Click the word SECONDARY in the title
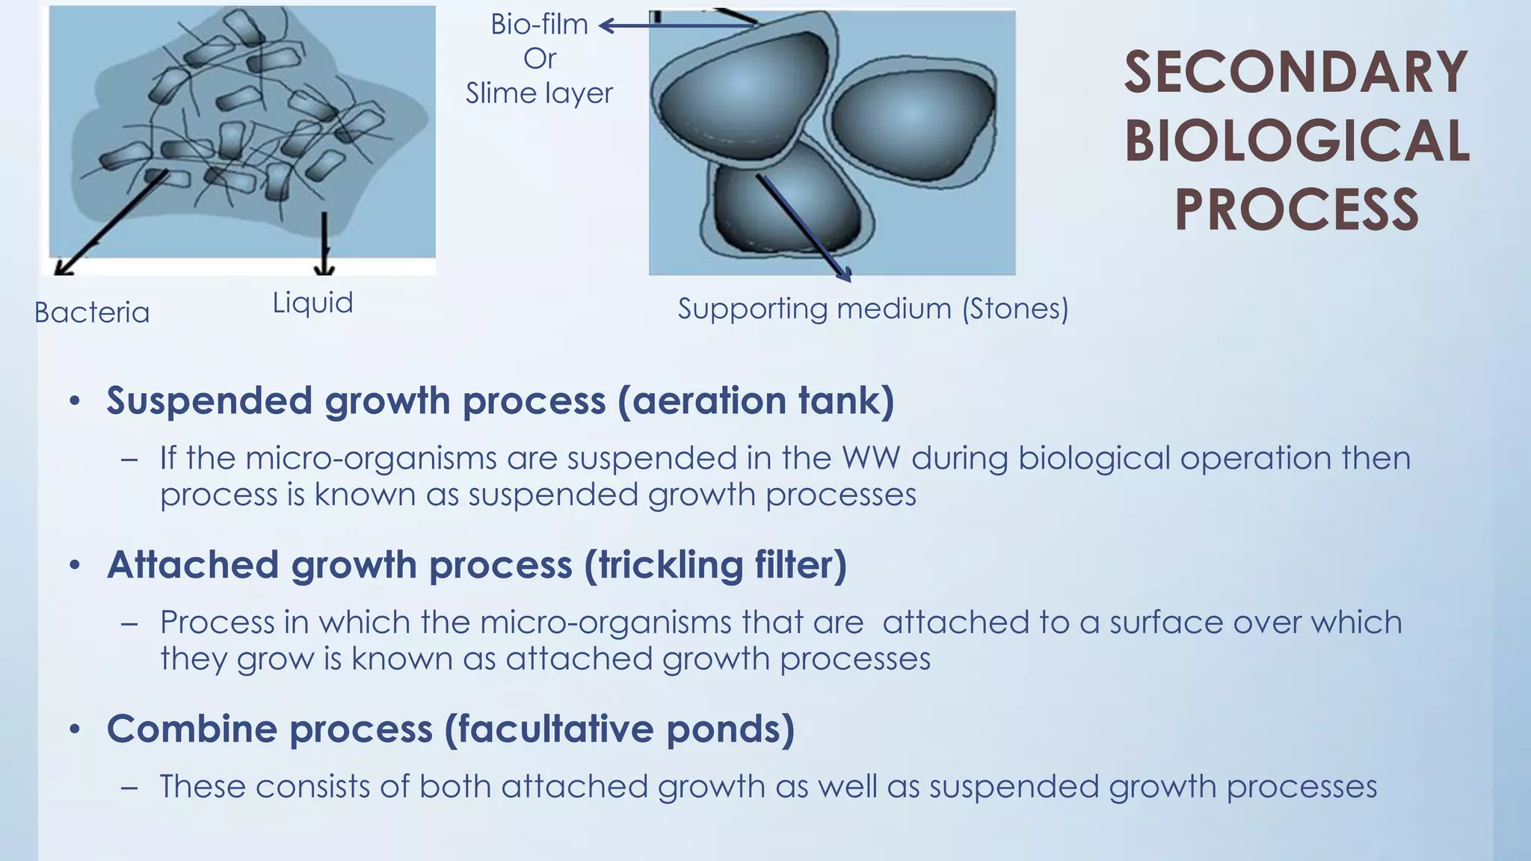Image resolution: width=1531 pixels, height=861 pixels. [x=1296, y=72]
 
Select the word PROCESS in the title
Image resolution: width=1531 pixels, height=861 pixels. [x=1296, y=210]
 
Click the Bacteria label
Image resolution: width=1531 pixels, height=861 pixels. [x=92, y=312]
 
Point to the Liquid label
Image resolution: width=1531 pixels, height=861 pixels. [x=312, y=303]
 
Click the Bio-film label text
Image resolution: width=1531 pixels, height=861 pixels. [x=539, y=25]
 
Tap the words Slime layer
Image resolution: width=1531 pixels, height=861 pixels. [x=539, y=93]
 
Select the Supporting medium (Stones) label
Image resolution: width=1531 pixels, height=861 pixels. [x=872, y=308]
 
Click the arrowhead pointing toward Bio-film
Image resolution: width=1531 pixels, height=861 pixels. [x=606, y=26]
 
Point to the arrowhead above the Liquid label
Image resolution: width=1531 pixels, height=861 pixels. [x=324, y=269]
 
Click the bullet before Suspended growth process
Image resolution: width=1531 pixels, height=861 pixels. [x=74, y=401]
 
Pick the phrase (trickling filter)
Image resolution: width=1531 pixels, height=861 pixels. [x=715, y=564]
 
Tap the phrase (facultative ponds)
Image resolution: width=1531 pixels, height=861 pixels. [x=619, y=729]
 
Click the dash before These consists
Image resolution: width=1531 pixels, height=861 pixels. [x=129, y=787]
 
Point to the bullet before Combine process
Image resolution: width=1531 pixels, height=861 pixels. [x=74, y=729]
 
